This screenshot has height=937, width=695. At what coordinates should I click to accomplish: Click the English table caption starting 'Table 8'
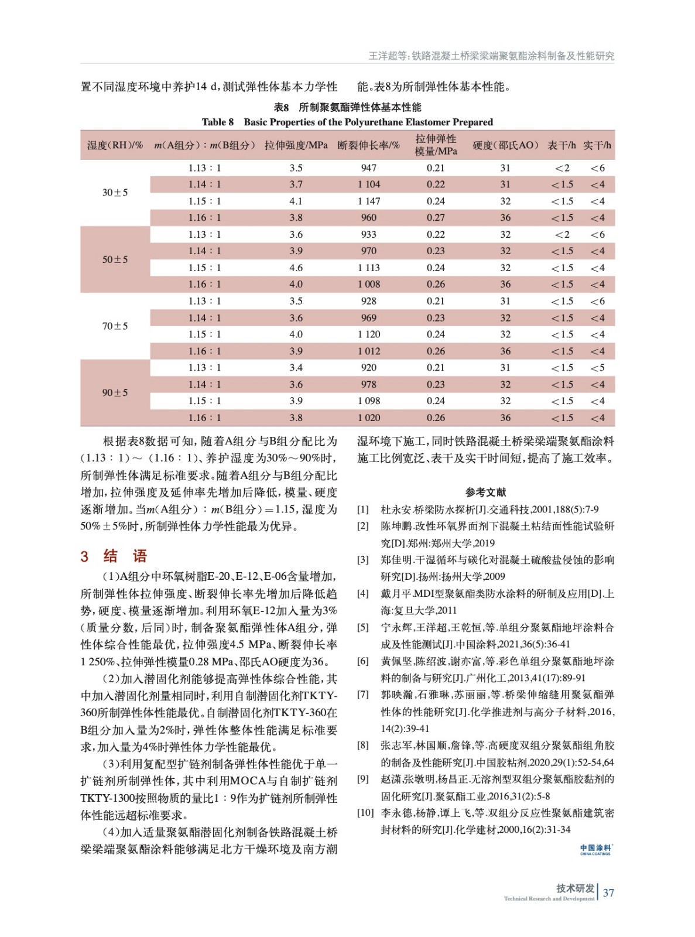pyautogui.click(x=347, y=122)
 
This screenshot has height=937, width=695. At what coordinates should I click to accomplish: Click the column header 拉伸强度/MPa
pyautogui.click(x=296, y=145)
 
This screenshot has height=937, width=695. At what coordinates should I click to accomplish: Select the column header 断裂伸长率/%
pyautogui.click(x=368, y=145)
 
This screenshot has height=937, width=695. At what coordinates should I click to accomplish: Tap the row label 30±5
pyautogui.click(x=115, y=193)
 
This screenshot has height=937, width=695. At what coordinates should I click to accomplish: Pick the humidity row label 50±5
pyautogui.click(x=115, y=259)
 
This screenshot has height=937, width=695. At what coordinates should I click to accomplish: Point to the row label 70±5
pyautogui.click(x=115, y=326)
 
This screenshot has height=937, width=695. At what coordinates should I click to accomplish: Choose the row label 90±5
pyautogui.click(x=115, y=392)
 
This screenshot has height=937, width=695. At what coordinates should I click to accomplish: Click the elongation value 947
pyautogui.click(x=369, y=168)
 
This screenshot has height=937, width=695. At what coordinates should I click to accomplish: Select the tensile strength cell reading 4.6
pyautogui.click(x=296, y=268)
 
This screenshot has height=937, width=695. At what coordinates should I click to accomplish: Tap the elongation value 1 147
pyautogui.click(x=369, y=201)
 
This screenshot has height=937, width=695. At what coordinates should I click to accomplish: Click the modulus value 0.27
pyautogui.click(x=436, y=218)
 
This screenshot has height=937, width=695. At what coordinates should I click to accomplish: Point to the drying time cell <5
pyautogui.click(x=597, y=368)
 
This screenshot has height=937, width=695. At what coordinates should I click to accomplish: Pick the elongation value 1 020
pyautogui.click(x=369, y=418)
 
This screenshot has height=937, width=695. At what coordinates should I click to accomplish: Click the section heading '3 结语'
pyautogui.click(x=114, y=556)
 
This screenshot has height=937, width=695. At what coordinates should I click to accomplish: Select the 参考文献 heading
pyautogui.click(x=485, y=492)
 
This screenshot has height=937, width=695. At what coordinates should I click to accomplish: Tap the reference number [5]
pyautogui.click(x=363, y=627)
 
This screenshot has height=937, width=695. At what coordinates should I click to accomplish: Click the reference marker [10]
pyautogui.click(x=365, y=813)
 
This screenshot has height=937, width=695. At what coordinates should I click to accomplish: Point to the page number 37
pyautogui.click(x=608, y=892)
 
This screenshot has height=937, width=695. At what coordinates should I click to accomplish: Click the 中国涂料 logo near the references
pyautogui.click(x=595, y=850)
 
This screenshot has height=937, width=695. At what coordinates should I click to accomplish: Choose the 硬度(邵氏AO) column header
pyautogui.click(x=505, y=145)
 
